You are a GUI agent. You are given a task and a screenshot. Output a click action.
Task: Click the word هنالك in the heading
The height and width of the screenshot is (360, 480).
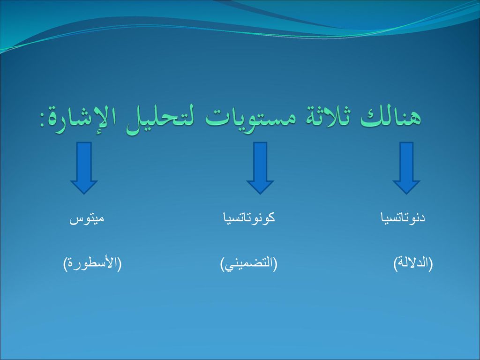(390, 117)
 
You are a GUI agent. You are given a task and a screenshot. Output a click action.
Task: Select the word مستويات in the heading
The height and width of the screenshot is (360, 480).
(250, 117)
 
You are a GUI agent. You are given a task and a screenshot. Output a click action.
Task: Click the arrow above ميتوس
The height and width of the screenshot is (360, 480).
(84, 168)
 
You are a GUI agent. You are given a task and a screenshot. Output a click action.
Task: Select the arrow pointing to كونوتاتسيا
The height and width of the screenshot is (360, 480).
(260, 168)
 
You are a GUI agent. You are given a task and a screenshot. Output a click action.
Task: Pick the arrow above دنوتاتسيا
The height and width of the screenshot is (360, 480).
(406, 168)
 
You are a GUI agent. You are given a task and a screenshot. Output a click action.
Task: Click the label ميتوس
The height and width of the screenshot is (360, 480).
(87, 218)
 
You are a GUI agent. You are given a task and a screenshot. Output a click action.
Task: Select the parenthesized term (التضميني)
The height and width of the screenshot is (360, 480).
(248, 264)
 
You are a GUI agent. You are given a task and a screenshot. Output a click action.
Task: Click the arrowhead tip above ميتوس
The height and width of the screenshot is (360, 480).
(84, 194)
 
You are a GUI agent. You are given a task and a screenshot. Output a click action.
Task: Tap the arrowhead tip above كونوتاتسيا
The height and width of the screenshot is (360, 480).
(260, 194)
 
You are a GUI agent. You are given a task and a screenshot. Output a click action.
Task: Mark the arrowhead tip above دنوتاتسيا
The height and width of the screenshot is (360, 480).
(406, 194)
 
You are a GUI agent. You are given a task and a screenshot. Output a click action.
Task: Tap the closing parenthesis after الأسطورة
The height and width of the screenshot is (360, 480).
(65, 264)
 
